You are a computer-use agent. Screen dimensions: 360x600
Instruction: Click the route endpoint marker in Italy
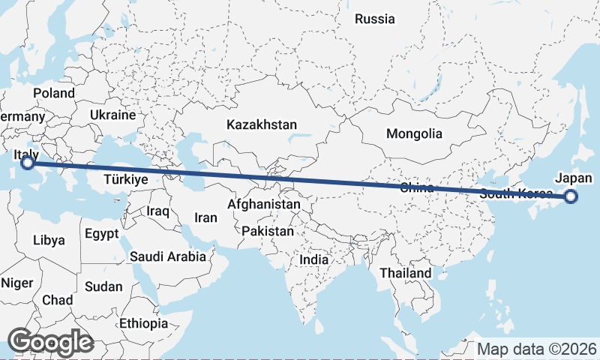[28, 162]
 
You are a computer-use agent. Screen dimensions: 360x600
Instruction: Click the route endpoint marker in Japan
[571, 197]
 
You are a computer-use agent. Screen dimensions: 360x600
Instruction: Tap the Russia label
[374, 19]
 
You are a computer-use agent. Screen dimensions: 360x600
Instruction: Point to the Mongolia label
[414, 134]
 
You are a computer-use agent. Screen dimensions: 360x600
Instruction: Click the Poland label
[54, 93]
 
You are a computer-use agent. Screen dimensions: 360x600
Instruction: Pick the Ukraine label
[112, 115]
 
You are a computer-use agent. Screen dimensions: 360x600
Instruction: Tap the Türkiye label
[125, 180]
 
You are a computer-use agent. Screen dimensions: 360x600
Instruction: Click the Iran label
[205, 217]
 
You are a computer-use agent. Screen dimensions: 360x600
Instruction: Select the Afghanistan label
[263, 204]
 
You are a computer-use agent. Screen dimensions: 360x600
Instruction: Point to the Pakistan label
[267, 231]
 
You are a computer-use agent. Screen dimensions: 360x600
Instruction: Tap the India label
[314, 259]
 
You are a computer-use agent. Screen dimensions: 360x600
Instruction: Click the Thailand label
[406, 273]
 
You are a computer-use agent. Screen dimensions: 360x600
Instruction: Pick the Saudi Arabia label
[168, 256]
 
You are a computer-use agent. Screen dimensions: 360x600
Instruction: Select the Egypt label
[101, 233]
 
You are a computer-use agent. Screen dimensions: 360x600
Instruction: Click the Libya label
[49, 241]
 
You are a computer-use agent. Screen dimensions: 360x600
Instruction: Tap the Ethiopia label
[143, 323]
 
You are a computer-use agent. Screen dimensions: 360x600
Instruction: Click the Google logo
[50, 342]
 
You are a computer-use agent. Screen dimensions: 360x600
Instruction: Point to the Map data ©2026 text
[537, 349]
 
